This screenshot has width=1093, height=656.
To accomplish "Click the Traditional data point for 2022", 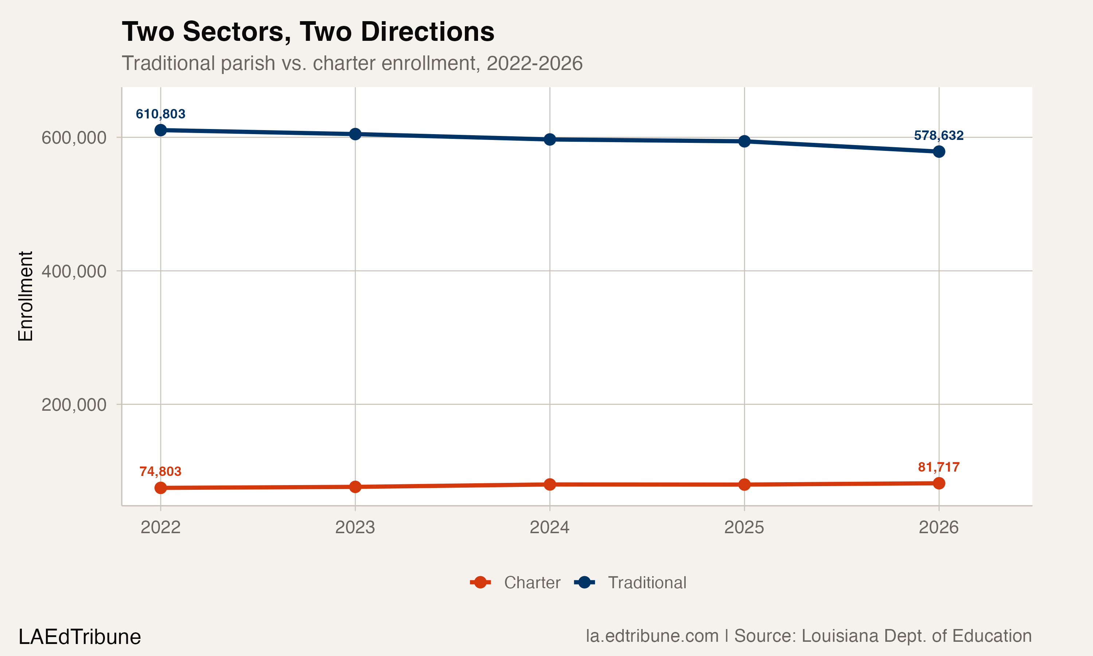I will point(160,130).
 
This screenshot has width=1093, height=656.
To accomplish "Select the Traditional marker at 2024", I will point(549,139).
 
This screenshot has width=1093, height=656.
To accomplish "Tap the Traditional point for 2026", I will point(939,152).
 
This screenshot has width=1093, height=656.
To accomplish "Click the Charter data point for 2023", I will point(355,487).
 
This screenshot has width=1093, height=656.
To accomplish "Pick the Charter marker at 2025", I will point(744,484).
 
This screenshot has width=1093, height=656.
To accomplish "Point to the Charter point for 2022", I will point(160,488).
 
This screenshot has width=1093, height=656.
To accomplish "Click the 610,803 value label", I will point(160,114).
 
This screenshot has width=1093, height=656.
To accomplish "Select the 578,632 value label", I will point(939,135).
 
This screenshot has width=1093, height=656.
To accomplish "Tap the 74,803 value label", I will point(160,471).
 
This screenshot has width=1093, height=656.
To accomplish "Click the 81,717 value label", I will point(939,467).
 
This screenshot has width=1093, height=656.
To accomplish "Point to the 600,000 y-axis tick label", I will point(74,138).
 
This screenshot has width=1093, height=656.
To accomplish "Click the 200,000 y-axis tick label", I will point(74,405).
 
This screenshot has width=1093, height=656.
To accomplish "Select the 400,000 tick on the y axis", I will point(74,271).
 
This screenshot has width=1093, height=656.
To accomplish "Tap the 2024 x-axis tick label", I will point(549,527).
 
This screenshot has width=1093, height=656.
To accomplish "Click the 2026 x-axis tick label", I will point(939,527).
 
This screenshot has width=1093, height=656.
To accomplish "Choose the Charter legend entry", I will point(516,583).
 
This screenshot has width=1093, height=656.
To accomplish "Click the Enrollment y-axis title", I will point(26,296).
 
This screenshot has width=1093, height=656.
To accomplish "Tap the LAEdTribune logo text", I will point(79,637).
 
